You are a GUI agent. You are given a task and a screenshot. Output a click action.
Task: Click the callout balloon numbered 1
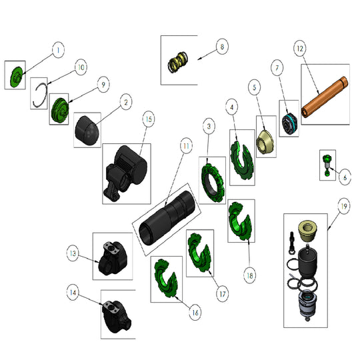pyautogui.click(x=58, y=49)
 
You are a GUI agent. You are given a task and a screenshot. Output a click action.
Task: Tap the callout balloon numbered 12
pyautogui.click(x=299, y=49)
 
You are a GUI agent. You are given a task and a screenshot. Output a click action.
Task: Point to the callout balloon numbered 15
pyautogui.click(x=148, y=119)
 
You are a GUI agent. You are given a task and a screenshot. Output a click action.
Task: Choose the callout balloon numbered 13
pyautogui.click(x=73, y=253)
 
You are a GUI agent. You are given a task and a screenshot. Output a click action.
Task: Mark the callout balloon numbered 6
pyautogui.click(x=344, y=179)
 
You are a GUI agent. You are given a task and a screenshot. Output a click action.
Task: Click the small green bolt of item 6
pyautogui.click(x=327, y=164)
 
